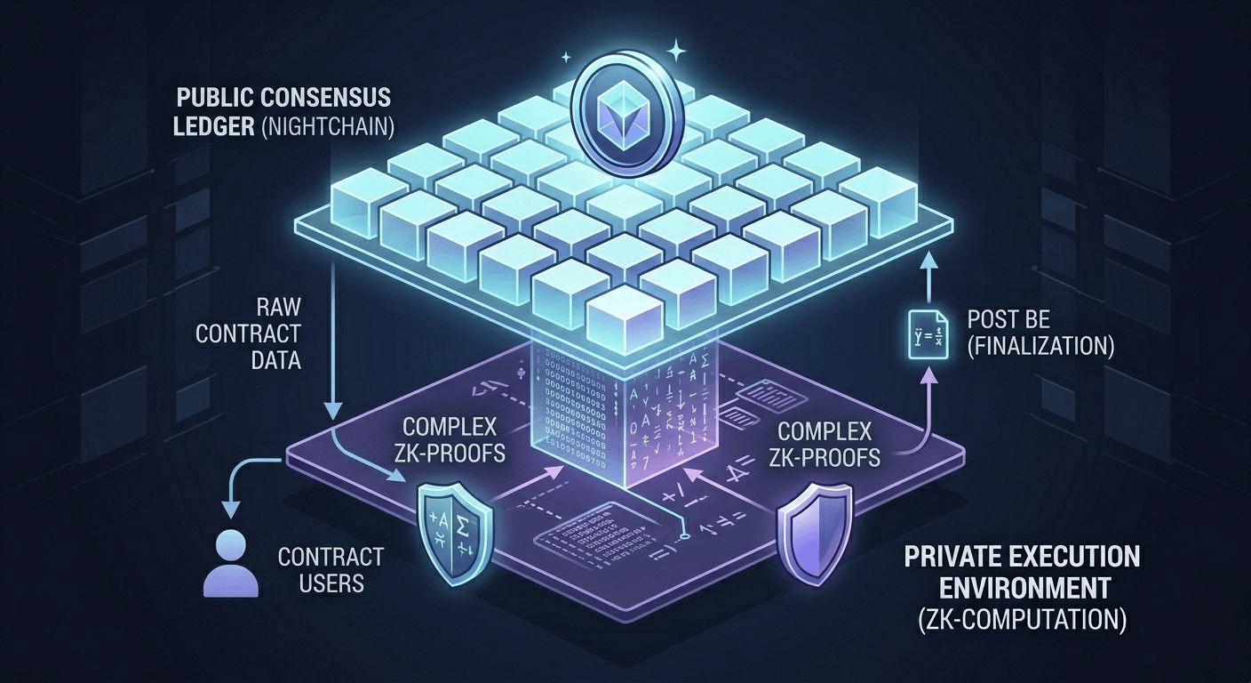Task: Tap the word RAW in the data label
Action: [x=279, y=308]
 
